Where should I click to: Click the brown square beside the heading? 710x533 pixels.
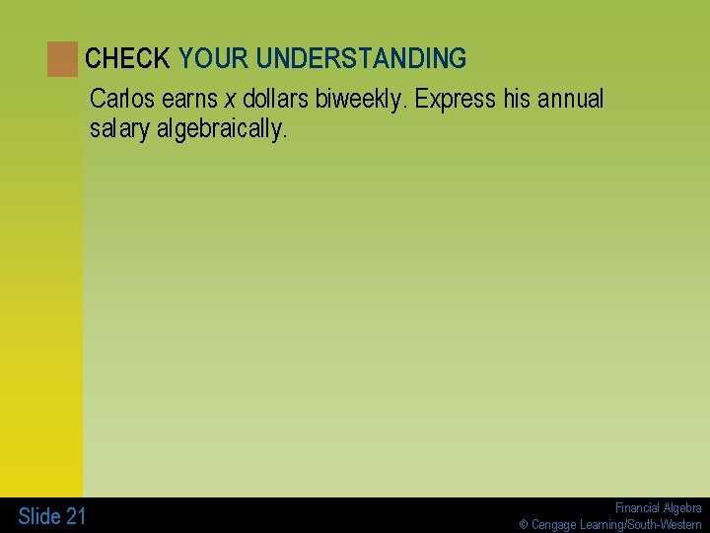(62, 59)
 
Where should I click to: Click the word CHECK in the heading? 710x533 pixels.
(127, 59)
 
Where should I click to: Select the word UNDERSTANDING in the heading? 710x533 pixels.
(361, 59)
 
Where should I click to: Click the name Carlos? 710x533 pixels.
(121, 100)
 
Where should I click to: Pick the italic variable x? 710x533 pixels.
(230, 100)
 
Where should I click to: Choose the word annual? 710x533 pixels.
(571, 100)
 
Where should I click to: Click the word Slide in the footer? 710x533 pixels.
(39, 516)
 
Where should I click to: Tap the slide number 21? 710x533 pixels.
(76, 516)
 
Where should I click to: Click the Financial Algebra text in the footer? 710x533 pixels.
(658, 507)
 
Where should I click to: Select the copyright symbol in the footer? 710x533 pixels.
(525, 525)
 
